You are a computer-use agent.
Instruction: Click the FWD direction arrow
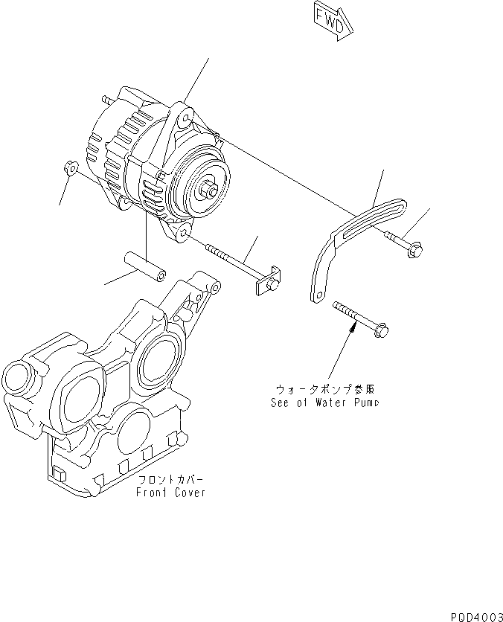tap(329, 20)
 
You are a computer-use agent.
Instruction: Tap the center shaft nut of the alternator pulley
tap(213, 190)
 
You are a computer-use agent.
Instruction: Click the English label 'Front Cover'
tap(170, 493)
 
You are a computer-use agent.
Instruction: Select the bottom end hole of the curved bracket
tap(316, 297)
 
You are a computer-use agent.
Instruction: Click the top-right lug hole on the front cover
tap(213, 287)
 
